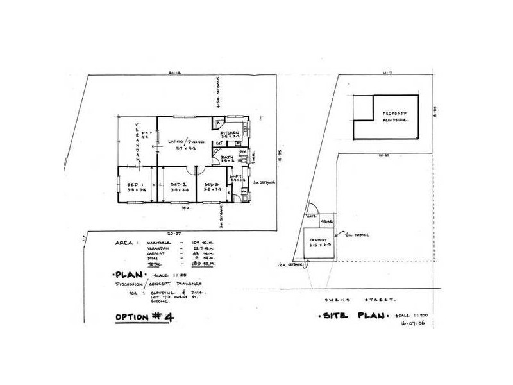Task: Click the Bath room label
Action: (x=227, y=157)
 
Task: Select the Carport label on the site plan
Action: (x=319, y=240)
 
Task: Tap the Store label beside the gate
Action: (x=326, y=221)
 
